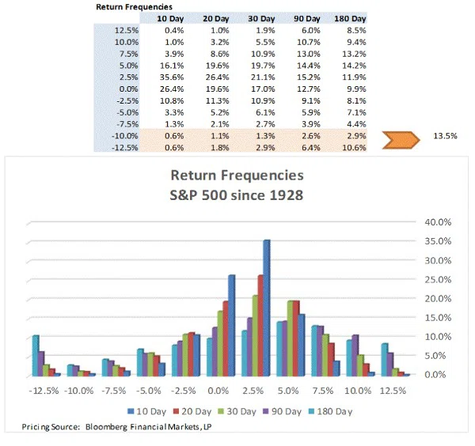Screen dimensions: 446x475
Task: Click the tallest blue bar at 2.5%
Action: point(267,307)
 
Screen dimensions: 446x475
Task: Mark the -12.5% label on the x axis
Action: point(46,391)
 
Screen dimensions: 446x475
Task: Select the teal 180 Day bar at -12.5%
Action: point(36,354)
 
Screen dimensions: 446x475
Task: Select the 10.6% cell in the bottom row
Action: point(357,148)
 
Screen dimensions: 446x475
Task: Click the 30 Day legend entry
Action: point(242,410)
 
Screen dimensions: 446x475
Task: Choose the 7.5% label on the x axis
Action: point(324,391)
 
